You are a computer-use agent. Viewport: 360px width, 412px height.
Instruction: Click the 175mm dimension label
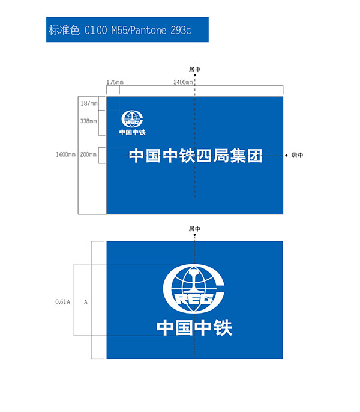tap(115, 82)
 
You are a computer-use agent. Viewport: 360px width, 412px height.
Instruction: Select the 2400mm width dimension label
tap(183, 82)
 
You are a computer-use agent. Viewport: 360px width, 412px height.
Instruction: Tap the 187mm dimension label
tap(89, 103)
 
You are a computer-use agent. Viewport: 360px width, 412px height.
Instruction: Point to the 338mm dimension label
tap(88, 121)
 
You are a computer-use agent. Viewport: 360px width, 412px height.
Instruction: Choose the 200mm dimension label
tap(88, 154)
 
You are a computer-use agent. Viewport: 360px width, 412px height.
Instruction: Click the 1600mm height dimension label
tap(65, 154)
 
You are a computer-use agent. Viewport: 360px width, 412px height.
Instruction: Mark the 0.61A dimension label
tap(63, 302)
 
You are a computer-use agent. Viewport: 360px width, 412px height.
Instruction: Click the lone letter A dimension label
tap(86, 302)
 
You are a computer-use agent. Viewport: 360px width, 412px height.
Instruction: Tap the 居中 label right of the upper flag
tap(297, 156)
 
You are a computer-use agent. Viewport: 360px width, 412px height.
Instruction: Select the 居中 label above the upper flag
tap(194, 69)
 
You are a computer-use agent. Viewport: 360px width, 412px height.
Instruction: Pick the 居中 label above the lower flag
tap(194, 229)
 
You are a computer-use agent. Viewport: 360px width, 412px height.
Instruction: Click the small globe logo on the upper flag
tap(132, 119)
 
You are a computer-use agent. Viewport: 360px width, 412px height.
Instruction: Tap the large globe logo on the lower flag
tap(194, 288)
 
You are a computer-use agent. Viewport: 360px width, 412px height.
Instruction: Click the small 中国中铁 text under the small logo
tap(133, 132)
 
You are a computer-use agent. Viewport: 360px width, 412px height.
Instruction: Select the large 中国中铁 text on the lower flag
tap(194, 328)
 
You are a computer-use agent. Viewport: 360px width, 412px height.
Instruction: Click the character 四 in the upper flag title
tap(204, 156)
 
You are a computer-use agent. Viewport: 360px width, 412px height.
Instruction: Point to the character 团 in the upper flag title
tap(254, 156)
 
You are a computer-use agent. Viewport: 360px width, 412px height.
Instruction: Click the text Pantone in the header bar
tap(148, 30)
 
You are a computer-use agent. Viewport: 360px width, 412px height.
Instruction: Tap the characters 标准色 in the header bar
tap(64, 30)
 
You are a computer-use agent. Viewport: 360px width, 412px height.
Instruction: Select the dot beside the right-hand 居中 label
tap(286, 156)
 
